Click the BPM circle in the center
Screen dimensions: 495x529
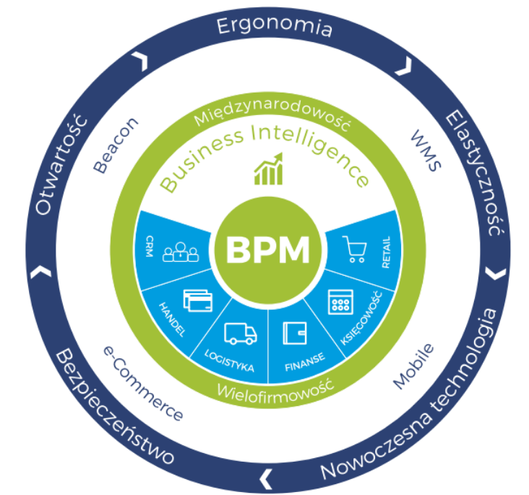click(268, 250)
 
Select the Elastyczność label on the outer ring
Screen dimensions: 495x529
click(474, 174)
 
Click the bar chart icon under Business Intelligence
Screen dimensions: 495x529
click(268, 169)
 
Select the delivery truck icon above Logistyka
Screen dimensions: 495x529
click(239, 334)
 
